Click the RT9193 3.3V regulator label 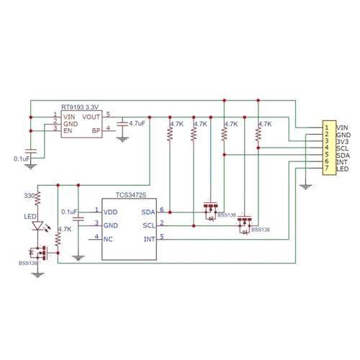80,107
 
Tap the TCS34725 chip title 131,195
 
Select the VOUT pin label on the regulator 91,117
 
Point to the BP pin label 96,131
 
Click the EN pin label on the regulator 68,131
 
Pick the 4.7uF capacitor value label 138,123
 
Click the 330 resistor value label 29,196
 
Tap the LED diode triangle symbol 37,226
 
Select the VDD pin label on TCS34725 110,212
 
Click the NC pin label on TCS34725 108,239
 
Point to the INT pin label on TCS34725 149,239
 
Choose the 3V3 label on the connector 343,142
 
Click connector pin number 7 326,168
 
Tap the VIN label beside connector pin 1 342,128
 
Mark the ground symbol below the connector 305,187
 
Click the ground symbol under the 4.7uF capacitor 122,140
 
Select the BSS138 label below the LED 28,264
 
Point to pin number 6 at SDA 162,210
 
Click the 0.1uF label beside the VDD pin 69,212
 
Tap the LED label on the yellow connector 343,169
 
